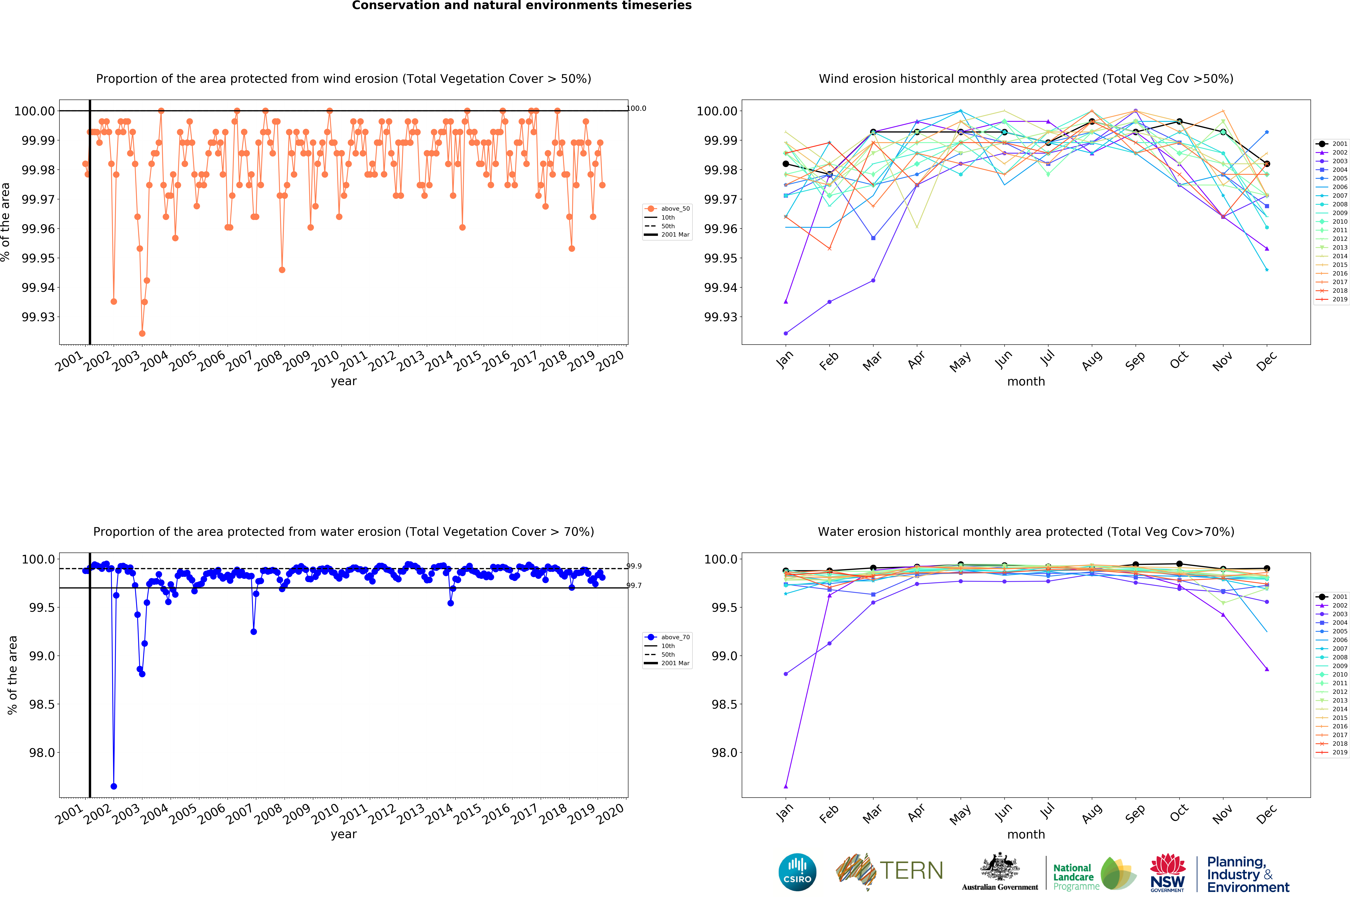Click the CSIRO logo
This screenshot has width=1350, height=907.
797,872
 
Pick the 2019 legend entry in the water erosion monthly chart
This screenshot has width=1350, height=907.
1332,752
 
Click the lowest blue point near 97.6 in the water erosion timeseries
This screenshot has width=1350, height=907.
114,786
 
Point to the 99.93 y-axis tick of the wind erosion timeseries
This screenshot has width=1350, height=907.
38,317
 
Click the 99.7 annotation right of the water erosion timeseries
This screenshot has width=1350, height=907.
634,585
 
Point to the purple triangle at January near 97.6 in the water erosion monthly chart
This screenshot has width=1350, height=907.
785,786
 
